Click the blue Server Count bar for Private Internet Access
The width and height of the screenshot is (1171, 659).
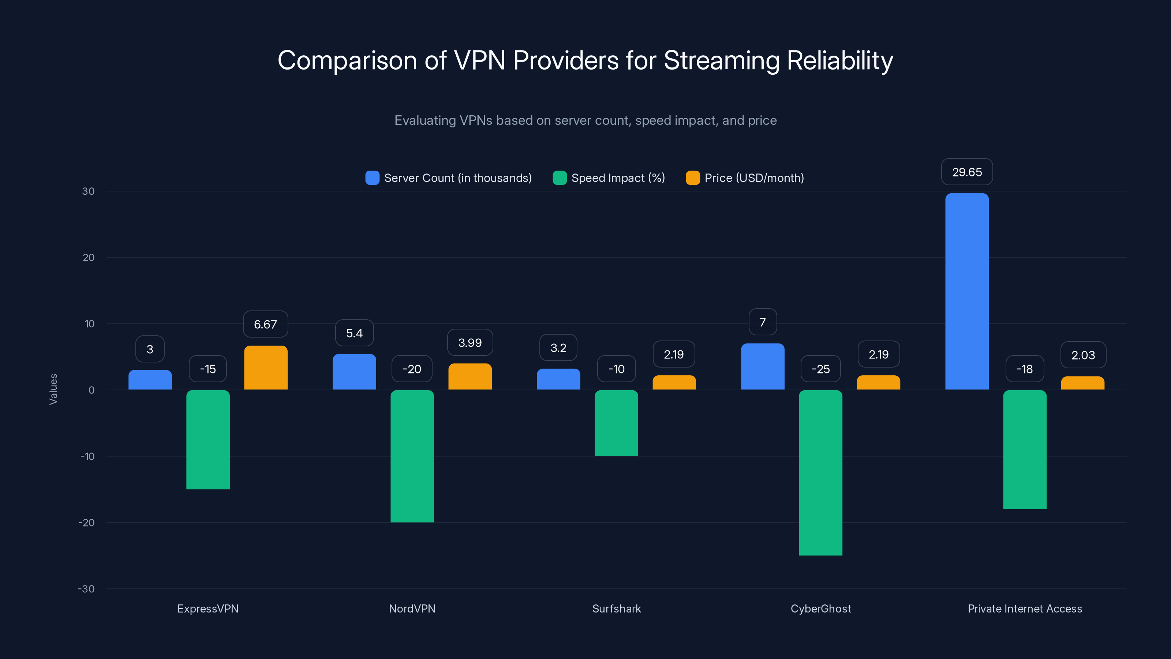966,291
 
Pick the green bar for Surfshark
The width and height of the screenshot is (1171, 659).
616,423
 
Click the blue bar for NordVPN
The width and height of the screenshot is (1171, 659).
354,372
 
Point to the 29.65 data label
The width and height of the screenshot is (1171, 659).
966,172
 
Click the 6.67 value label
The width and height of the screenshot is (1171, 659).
265,324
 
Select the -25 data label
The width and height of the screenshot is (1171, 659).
820,369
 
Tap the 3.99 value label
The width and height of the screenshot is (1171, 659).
469,342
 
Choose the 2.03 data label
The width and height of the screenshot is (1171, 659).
1083,355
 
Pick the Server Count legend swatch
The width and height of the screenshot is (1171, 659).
372,178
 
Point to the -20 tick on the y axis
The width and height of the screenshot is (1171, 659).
86,522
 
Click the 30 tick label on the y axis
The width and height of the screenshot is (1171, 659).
88,191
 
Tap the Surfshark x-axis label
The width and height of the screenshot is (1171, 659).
616,608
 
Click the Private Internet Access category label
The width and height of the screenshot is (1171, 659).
1025,608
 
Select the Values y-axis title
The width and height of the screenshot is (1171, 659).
53,389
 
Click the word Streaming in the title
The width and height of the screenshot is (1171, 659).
721,60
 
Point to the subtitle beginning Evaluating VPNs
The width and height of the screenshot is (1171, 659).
585,120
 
